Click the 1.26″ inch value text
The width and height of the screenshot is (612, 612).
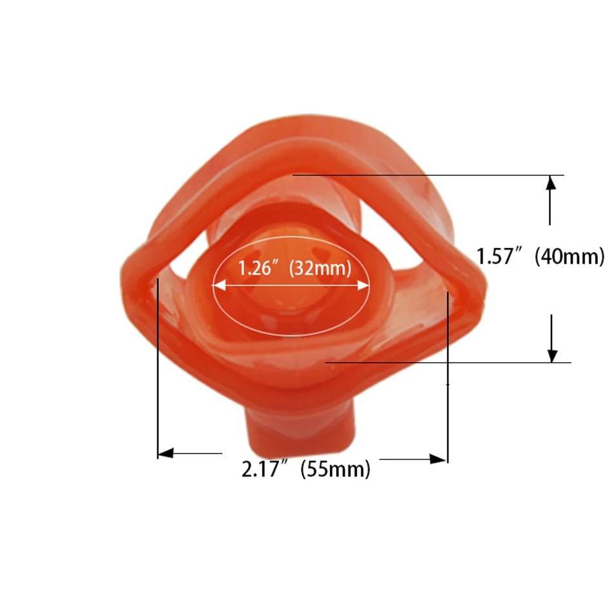pyautogui.click(x=254, y=268)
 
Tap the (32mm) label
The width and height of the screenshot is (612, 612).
pyautogui.click(x=320, y=269)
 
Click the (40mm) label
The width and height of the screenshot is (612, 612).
pyautogui.click(x=569, y=257)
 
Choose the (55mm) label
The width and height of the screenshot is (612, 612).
pyautogui.click(x=335, y=469)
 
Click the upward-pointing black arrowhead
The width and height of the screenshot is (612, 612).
pyautogui.click(x=550, y=183)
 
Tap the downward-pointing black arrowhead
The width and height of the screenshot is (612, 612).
pyautogui.click(x=552, y=356)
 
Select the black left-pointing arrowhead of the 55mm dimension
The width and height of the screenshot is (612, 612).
pyautogui.click(x=165, y=453)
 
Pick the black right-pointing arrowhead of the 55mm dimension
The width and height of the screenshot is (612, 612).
pyautogui.click(x=438, y=459)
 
